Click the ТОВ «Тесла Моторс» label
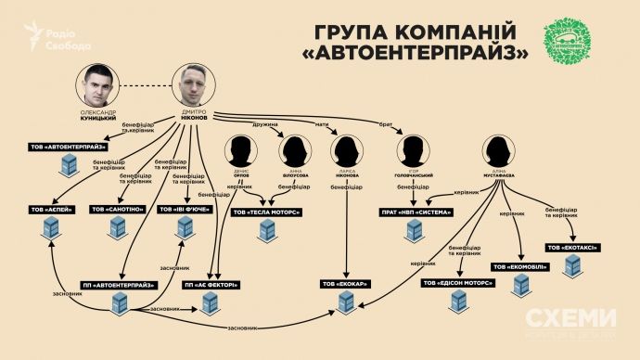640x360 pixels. pyautogui.click(x=270, y=212)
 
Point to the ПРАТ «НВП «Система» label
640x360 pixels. pyautogui.click(x=413, y=211)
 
